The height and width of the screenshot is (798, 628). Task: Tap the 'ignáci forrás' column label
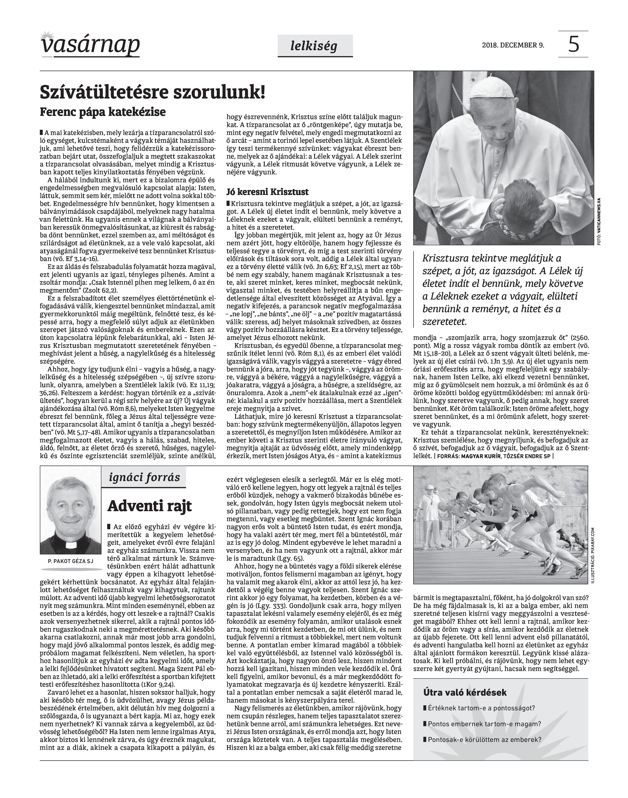145,478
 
